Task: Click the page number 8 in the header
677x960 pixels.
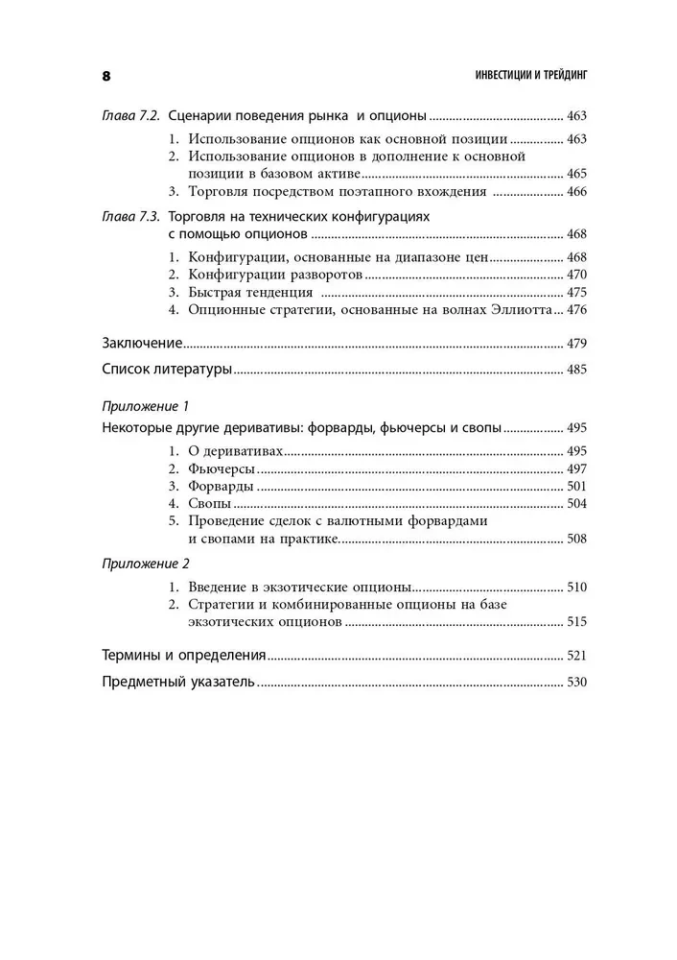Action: pos(106,76)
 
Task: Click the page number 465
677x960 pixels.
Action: pos(576,174)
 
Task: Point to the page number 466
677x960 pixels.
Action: pos(576,192)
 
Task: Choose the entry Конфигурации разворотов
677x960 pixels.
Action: pos(276,275)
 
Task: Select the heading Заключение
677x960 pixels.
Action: pos(141,343)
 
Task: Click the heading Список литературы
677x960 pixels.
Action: pos(166,369)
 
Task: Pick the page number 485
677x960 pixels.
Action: pos(576,369)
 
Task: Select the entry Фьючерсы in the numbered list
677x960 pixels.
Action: pos(222,468)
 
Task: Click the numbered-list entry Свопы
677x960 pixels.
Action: pos(210,503)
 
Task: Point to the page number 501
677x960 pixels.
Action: pos(576,486)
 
